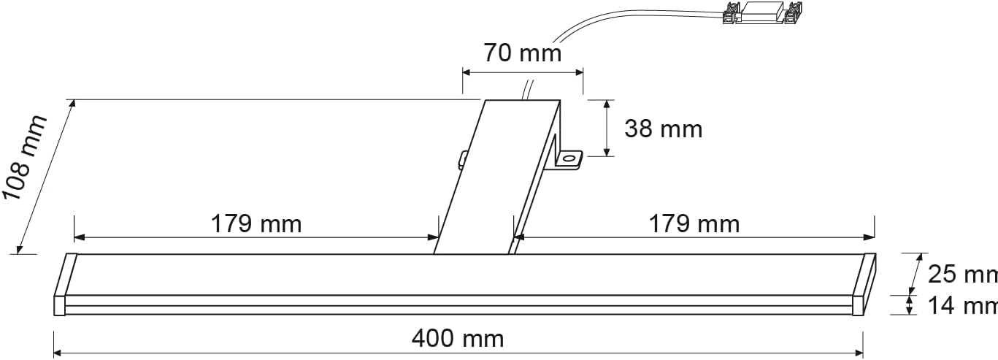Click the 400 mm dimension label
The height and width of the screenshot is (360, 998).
[458, 339]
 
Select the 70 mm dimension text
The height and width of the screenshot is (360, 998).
[522, 53]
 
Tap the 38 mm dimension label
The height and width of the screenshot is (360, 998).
[663, 129]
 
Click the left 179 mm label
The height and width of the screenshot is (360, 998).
[256, 223]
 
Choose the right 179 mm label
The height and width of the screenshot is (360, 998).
[694, 223]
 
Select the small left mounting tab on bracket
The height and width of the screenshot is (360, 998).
[463, 158]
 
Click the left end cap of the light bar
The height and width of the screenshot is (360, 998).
[64, 285]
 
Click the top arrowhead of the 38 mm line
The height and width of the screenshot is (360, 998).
[606, 104]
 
